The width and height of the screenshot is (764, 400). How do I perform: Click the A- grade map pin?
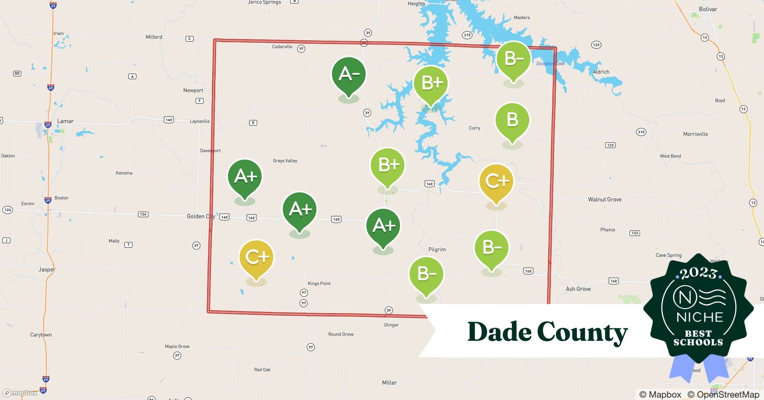tap(349, 75)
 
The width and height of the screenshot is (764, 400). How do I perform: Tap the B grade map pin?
tap(512, 120)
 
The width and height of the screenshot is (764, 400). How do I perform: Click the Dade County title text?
tap(548, 332)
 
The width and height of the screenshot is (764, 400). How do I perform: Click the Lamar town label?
tap(65, 121)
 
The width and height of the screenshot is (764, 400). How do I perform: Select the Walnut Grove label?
tap(604, 200)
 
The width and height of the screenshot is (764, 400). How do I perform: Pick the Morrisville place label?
tap(695, 134)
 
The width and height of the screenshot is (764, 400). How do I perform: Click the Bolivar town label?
tap(708, 9)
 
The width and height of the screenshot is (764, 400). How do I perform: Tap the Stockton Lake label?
tap(550, 64)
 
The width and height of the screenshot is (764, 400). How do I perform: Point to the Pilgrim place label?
tap(437, 250)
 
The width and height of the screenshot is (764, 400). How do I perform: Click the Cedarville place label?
tap(282, 47)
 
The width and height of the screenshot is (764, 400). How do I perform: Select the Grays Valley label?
tap(285, 161)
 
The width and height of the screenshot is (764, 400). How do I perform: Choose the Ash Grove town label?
tap(578, 289)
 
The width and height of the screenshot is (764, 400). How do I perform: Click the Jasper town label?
tap(47, 270)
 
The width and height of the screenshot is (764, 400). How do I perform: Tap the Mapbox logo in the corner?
tap(20, 393)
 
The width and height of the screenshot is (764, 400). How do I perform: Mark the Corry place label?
tap(474, 128)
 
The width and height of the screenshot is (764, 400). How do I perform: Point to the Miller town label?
tap(389, 383)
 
